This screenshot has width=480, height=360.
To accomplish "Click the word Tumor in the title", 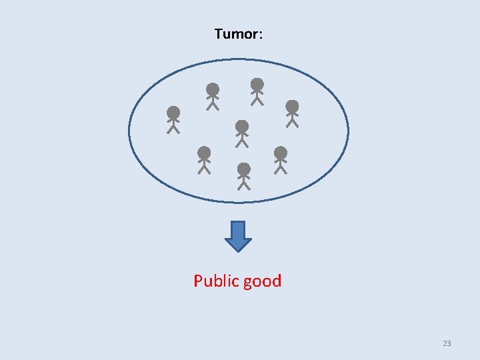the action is [x=235, y=33].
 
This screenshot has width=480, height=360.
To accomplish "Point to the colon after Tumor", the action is [x=260, y=35].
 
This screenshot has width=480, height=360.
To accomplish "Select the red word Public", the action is [x=216, y=281].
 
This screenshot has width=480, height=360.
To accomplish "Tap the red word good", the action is [x=262, y=281].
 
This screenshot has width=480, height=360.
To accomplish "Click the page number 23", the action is [x=447, y=343].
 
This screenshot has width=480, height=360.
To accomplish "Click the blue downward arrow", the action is [x=239, y=235].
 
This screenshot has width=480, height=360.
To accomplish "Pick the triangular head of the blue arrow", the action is [x=239, y=243].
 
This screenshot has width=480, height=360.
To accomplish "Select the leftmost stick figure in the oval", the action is [x=173, y=120].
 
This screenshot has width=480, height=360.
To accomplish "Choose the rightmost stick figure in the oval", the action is [x=292, y=113].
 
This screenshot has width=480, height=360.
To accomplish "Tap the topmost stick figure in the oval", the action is [x=257, y=92].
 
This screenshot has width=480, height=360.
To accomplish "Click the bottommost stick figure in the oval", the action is [x=244, y=176].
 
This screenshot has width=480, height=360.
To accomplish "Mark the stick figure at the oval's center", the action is [x=242, y=134].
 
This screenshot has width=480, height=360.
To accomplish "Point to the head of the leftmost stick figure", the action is [x=173, y=112].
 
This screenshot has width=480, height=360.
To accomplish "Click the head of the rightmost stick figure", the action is [x=292, y=106].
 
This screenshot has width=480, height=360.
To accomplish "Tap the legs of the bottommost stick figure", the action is [x=244, y=185].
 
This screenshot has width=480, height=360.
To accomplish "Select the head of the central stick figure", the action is [x=242, y=126].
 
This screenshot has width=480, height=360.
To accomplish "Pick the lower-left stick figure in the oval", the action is [x=205, y=160].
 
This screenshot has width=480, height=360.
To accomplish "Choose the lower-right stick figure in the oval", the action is [x=281, y=160].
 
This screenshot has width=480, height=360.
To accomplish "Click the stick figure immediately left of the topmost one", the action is [x=213, y=97].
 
